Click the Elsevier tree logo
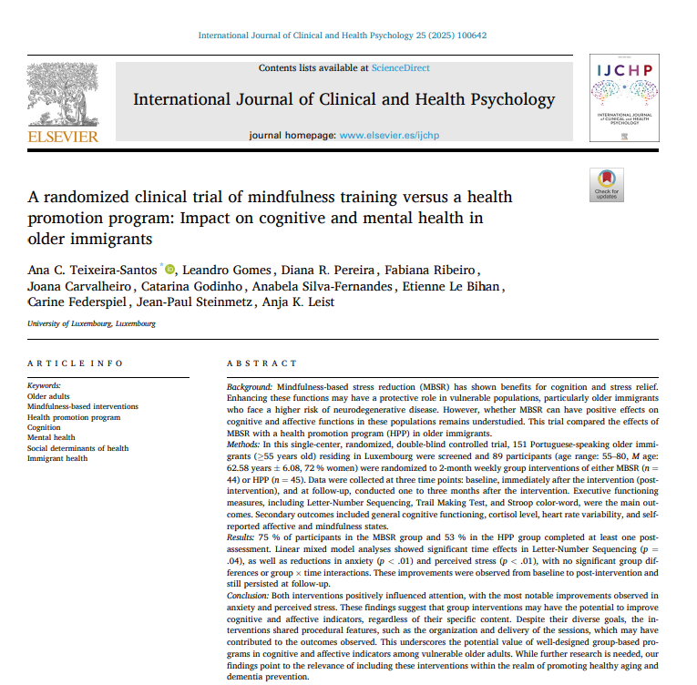click(62, 95)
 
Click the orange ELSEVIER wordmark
click(62, 136)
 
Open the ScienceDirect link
click(400, 67)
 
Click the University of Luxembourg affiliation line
click(91, 323)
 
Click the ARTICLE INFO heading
click(75, 363)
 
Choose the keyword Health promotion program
click(74, 417)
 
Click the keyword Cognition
click(45, 427)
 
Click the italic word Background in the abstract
click(249, 387)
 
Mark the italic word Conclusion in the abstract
click(249, 593)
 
